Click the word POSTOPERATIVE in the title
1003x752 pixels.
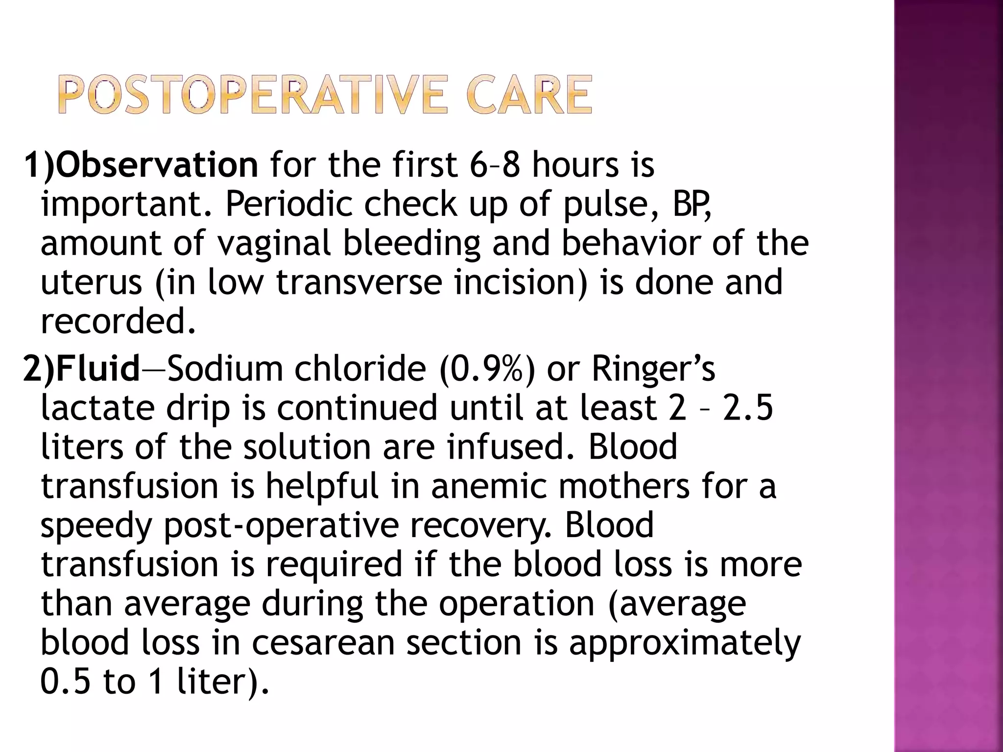252,95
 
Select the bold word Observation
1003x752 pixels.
157,164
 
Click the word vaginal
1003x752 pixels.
274,244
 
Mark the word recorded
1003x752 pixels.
118,322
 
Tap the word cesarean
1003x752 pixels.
323,642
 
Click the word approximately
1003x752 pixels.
685,642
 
